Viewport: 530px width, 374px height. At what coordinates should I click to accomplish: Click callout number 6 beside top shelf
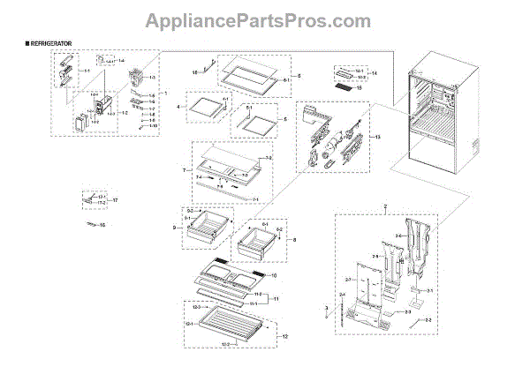point(299,77)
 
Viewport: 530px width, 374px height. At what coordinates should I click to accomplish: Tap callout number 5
point(284,118)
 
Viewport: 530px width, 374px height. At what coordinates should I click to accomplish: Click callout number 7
point(182,168)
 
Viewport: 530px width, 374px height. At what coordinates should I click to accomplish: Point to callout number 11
point(276,299)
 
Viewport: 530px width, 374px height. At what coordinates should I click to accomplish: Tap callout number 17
point(115,200)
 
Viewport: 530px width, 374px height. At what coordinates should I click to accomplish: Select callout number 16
point(101,227)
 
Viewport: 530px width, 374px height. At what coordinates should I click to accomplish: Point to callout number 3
point(326,308)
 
